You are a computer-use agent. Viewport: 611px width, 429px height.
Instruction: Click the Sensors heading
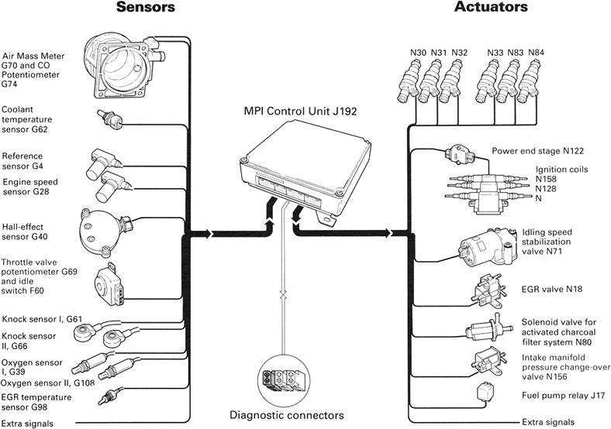(147, 9)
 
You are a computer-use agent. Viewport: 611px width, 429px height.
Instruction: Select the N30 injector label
(419, 53)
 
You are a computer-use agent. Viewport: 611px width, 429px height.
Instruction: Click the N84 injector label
(537, 53)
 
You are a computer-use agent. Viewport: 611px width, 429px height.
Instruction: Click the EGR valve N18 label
(541, 289)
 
